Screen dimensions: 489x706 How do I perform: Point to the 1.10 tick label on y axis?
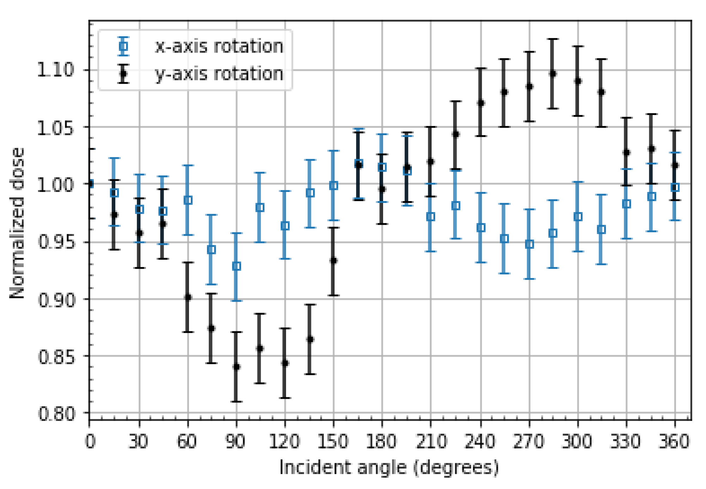coord(55,70)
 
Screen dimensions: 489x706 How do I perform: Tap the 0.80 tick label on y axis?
coord(55,413)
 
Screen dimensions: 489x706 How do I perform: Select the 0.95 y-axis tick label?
coord(55,242)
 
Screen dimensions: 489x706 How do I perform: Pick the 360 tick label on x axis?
coord(674,442)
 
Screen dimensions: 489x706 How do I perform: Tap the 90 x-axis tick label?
coord(236,442)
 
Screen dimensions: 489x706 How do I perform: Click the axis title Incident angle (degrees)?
coord(389,468)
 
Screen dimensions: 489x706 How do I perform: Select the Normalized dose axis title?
coord(17,223)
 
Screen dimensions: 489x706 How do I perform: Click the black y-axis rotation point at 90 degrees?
coord(236,367)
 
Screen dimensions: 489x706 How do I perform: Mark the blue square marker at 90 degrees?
coord(236,266)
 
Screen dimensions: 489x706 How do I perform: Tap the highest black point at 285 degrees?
coord(553,73)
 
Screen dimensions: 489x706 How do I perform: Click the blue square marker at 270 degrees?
coord(529,244)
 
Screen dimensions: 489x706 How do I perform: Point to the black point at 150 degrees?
coord(333,261)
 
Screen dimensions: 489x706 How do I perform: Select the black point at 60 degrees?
coord(188,297)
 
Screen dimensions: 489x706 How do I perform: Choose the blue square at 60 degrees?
coord(188,200)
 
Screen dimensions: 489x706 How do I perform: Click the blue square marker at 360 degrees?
coord(675,187)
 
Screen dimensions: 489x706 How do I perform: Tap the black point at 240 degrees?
coord(481,103)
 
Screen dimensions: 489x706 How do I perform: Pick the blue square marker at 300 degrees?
coord(578,217)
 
